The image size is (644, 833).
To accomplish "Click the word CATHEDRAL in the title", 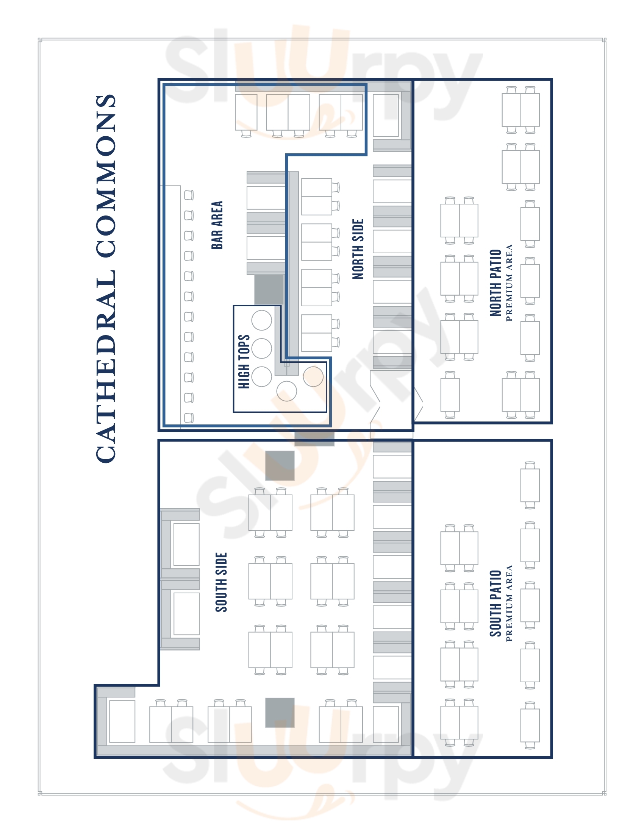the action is click(106, 366).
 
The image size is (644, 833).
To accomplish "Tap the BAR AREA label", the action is click(217, 225).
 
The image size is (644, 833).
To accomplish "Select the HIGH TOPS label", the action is click(244, 362).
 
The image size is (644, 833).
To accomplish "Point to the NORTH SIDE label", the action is click(358, 249).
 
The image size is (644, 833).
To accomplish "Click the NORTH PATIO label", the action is click(495, 282).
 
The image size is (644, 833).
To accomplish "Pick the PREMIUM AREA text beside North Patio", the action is click(509, 282).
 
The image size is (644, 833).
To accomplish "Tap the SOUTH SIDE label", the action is click(221, 582).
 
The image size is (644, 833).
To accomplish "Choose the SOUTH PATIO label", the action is click(495, 604).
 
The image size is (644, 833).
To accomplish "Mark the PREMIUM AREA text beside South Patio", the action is click(509, 604).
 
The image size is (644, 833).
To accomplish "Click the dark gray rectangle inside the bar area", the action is click(269, 290).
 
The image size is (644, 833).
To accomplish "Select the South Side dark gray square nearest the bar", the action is click(280, 466).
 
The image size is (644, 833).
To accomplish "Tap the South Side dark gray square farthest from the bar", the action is click(280, 713).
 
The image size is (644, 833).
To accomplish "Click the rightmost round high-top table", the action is click(313, 376).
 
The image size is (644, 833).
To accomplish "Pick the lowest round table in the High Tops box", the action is click(286, 391).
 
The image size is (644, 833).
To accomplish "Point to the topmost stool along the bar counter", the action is click(189, 195).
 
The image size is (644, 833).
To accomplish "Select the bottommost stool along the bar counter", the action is click(189, 418).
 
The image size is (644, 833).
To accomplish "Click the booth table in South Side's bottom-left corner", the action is click(122, 721).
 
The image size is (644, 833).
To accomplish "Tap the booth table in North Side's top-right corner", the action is click(386, 115).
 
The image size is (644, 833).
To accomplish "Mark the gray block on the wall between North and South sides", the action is click(314, 438).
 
